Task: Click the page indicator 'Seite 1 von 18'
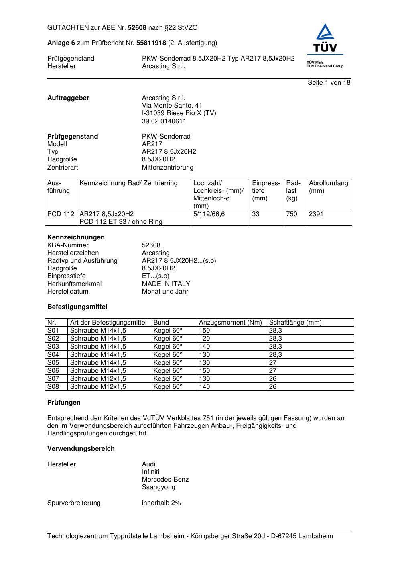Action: (x=329, y=83)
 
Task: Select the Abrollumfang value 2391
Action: (x=316, y=214)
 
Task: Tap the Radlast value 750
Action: (x=292, y=214)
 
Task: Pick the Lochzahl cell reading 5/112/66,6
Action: (x=209, y=214)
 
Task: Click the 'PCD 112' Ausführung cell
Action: (x=61, y=214)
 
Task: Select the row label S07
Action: (x=53, y=379)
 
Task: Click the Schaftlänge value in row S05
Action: (x=273, y=363)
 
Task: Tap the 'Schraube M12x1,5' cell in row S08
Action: (x=98, y=387)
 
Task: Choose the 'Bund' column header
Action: (x=161, y=323)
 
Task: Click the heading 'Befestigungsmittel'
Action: (x=77, y=307)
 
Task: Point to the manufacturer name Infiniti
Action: (x=150, y=472)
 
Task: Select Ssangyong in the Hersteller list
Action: (x=158, y=487)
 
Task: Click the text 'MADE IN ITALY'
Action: (x=166, y=284)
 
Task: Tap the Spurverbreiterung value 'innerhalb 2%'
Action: (x=161, y=503)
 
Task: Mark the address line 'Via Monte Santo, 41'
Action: (x=172, y=106)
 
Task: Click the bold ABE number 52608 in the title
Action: (x=137, y=28)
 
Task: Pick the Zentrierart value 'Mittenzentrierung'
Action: (x=168, y=168)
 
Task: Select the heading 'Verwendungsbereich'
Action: (x=81, y=449)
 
